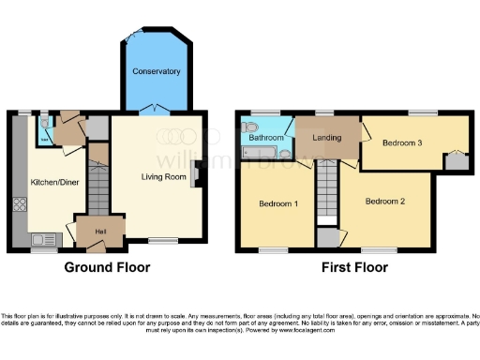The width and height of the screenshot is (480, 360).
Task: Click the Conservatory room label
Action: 156,71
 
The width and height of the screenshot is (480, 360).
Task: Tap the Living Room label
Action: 165,176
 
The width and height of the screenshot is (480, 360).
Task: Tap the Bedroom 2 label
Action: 384,201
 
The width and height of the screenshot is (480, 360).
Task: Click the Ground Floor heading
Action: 107,267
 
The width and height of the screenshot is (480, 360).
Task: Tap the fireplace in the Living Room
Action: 194,174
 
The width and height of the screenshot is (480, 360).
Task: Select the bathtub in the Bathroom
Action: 265,152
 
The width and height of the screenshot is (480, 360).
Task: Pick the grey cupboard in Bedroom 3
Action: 457,162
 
